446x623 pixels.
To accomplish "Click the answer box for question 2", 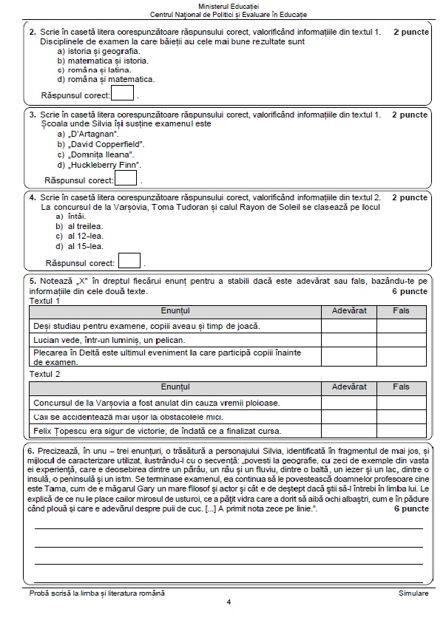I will tap(123, 93).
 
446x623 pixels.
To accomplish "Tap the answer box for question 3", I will tap(126, 178).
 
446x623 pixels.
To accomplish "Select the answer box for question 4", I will tap(129, 261).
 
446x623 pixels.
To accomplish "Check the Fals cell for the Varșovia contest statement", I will tap(401, 402).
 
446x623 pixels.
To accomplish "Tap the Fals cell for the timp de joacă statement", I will tap(401, 325).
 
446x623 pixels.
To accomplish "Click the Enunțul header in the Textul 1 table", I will tap(175, 311).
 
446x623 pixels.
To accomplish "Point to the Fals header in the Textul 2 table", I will tap(401, 387).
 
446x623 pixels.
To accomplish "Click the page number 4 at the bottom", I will tap(229, 602).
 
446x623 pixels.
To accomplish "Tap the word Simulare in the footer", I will tap(413, 593).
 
